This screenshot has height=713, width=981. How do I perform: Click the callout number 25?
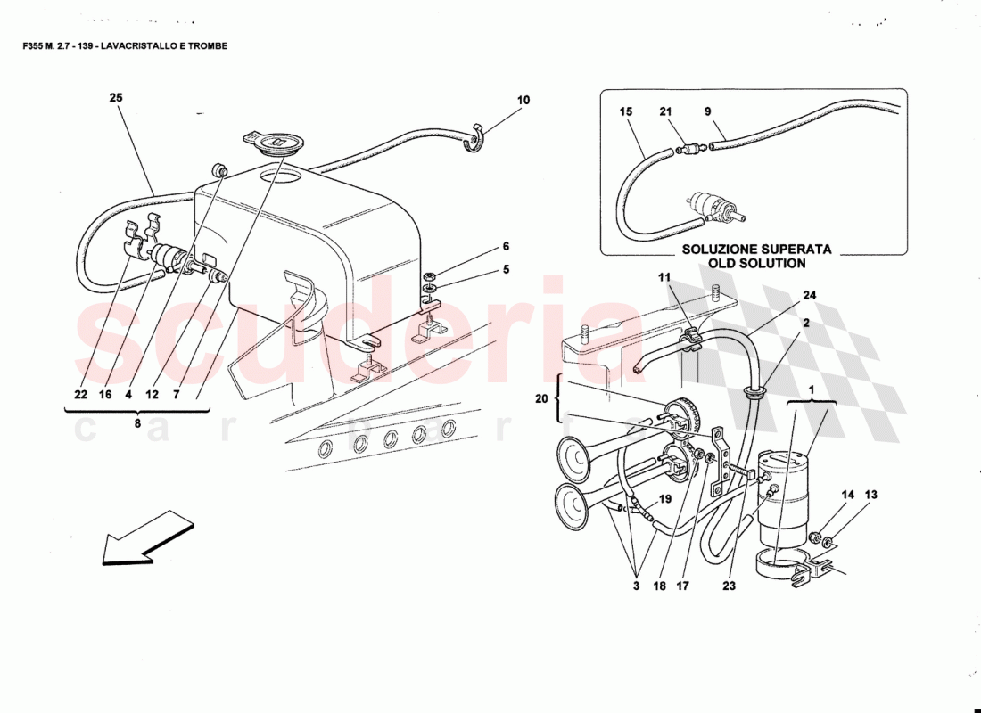click(116, 98)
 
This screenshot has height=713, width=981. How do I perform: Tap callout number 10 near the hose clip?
click(523, 101)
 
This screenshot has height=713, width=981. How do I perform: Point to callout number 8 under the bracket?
click(137, 424)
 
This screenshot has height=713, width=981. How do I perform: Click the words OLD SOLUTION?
click(756, 263)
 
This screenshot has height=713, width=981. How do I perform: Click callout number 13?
click(870, 495)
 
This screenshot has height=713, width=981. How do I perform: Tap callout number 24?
click(808, 295)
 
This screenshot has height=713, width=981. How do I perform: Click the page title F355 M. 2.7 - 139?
click(125, 45)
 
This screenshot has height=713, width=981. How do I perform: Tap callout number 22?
click(81, 395)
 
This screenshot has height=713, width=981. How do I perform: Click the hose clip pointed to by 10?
click(475, 138)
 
